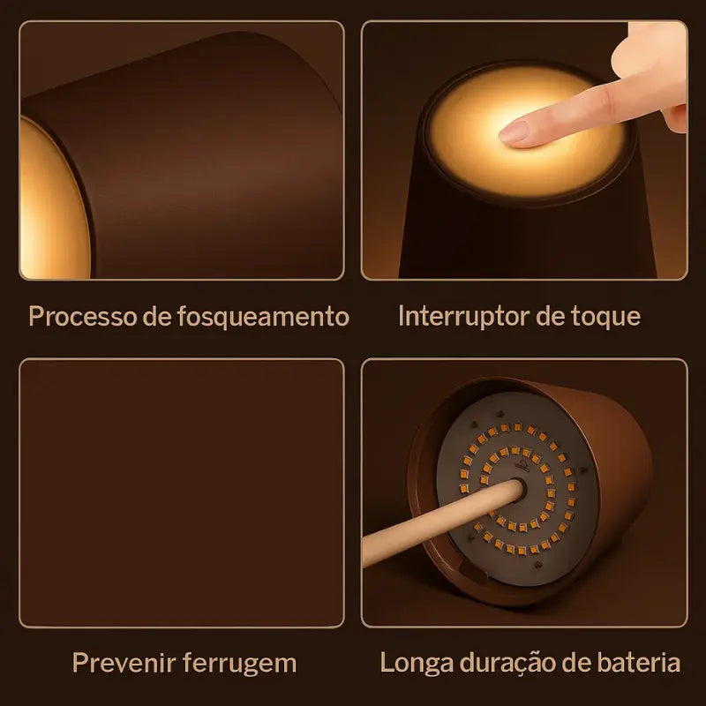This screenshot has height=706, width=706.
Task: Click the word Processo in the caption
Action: click(x=82, y=316)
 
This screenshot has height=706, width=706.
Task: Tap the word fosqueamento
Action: click(x=263, y=316)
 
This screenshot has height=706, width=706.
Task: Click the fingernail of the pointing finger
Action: click(x=513, y=131)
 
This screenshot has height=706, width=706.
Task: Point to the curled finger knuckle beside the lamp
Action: click(x=674, y=118)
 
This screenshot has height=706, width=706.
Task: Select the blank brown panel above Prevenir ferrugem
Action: click(x=182, y=493)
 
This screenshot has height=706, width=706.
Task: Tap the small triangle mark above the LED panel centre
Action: click(x=522, y=465)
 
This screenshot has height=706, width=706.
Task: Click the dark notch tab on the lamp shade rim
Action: click(x=474, y=572)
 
